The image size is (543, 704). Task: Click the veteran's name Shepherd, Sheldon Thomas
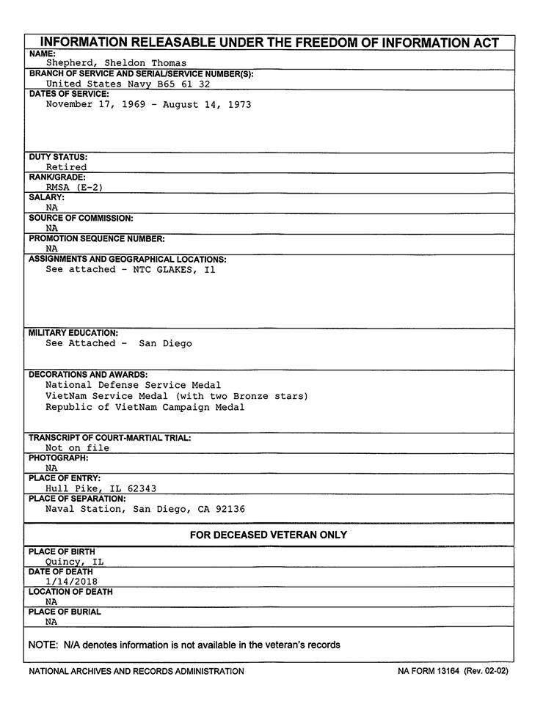(116, 63)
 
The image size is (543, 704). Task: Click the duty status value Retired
(66, 167)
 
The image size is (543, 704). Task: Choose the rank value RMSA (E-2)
(74, 187)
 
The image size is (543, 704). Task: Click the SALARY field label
(46, 197)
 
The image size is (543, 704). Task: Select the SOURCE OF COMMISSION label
(81, 219)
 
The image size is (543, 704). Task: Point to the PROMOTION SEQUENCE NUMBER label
(97, 238)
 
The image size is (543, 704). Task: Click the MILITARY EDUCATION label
(73, 333)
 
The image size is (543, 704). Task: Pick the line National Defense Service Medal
(133, 384)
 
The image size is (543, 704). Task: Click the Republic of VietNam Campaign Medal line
(145, 407)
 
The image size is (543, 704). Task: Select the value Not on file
(77, 447)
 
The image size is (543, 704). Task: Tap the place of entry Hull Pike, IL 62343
(101, 488)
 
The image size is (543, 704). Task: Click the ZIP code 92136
(230, 509)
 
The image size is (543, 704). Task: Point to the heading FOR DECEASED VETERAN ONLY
(269, 535)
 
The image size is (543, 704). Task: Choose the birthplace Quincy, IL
(74, 562)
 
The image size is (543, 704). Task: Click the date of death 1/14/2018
(71, 582)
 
